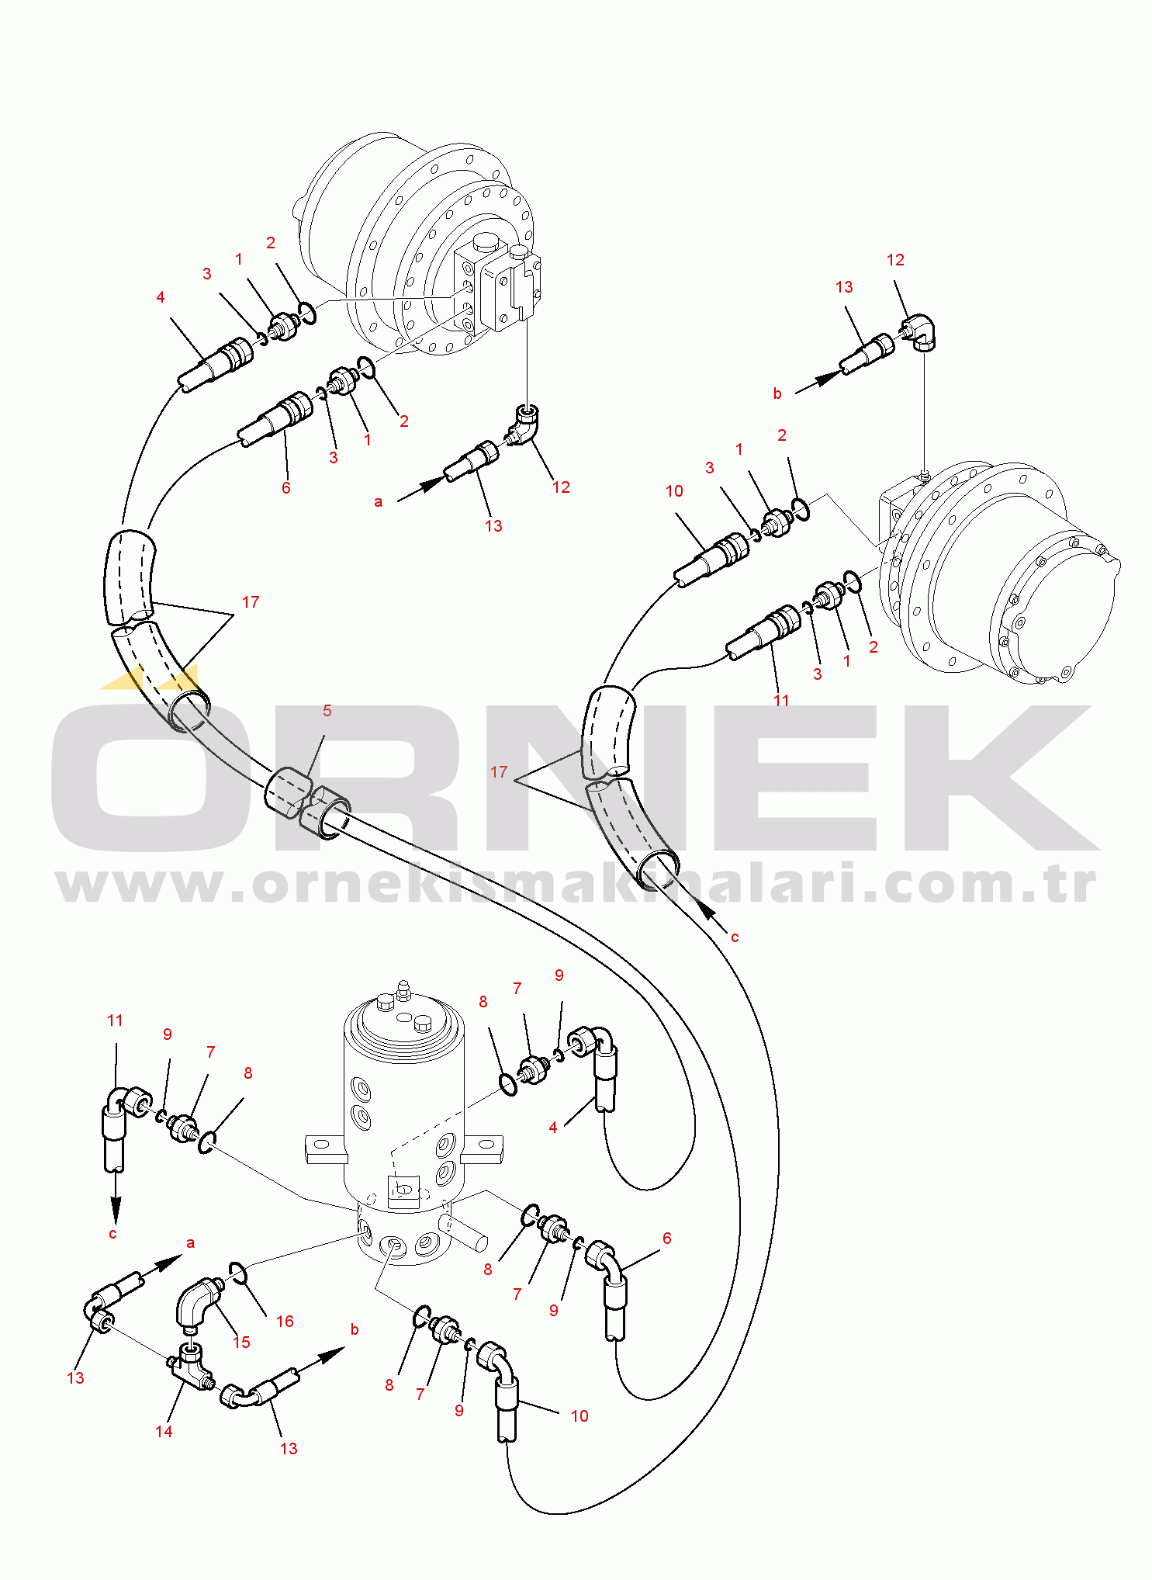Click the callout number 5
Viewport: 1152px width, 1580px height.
[327, 711]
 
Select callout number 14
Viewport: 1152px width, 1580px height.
[164, 1431]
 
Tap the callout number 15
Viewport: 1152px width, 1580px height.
[241, 1342]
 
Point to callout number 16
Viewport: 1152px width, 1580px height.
[285, 1321]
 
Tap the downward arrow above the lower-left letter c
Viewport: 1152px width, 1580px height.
[116, 1194]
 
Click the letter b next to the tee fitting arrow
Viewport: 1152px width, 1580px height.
[355, 1329]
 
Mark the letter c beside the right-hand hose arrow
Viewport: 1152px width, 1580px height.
[735, 937]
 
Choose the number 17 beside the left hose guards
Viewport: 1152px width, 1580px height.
[251, 602]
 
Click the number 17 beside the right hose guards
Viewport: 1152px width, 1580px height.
[499, 772]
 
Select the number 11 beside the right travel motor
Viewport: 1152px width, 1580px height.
[781, 700]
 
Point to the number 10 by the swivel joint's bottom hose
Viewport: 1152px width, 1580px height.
[579, 1416]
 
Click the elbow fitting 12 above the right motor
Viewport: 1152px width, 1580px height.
[922, 331]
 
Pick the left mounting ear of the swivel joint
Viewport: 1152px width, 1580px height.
[324, 1149]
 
